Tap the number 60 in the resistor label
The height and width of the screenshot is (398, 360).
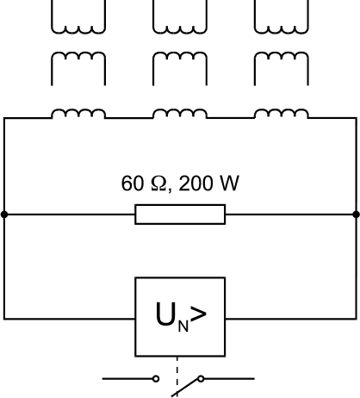coord(132,183)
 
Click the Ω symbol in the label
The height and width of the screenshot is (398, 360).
coord(158,183)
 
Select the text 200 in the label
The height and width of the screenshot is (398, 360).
coord(196,183)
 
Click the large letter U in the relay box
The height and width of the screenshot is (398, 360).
coord(165,314)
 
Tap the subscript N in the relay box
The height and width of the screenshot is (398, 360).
coord(183,326)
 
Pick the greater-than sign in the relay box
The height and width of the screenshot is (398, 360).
coord(198,314)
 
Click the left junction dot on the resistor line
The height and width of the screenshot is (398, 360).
coord(4,215)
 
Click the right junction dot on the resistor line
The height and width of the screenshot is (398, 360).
coord(356,215)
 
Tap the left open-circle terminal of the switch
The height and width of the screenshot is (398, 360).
coord(156,379)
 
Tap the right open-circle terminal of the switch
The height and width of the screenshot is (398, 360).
coord(201,379)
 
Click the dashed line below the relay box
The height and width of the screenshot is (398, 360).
coord(177,376)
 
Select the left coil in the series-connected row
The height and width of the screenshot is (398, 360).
coord(78,109)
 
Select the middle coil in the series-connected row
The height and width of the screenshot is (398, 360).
coord(180,109)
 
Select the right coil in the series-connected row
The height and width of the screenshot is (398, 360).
coord(282,109)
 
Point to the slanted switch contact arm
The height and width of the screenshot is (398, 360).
coord(186,388)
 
